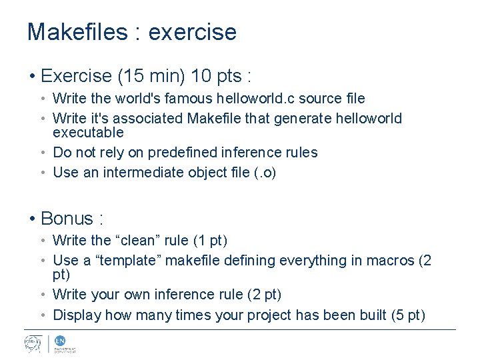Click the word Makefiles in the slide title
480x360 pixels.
(76, 32)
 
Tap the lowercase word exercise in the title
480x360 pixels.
(193, 32)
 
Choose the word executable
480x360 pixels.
(88, 132)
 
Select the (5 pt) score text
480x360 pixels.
(406, 315)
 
